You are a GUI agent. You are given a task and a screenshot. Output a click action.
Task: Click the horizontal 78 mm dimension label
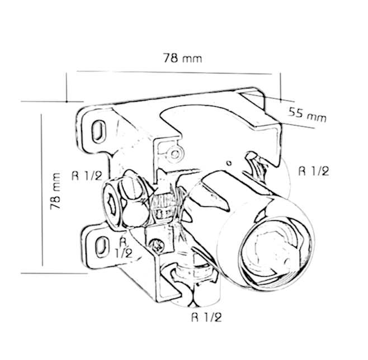click(x=182, y=58)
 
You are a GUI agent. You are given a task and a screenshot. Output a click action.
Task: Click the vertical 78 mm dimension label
click(x=55, y=191)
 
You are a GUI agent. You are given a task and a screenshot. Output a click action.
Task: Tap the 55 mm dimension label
click(x=307, y=115)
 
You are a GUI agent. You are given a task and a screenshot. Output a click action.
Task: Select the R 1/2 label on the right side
click(x=314, y=171)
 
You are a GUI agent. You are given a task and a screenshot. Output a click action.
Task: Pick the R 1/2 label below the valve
click(x=206, y=318)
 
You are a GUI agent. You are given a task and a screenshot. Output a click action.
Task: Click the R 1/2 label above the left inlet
click(x=87, y=176)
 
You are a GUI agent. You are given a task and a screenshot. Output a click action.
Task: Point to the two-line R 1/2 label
click(x=124, y=248)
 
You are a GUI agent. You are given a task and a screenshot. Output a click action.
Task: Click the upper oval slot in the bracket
click(x=98, y=131)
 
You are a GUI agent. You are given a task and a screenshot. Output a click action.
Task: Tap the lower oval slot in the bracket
click(x=102, y=247)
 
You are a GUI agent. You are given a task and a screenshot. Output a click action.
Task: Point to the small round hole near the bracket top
click(x=175, y=154)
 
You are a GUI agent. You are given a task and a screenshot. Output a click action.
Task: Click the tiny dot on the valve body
click(x=229, y=163)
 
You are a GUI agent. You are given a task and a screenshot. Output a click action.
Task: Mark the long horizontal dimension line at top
click(x=174, y=73)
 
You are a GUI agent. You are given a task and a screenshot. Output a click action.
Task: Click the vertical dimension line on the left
click(x=42, y=190)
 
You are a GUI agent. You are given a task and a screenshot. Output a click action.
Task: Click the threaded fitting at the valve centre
click(x=164, y=206)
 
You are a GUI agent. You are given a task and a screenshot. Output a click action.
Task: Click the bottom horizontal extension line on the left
click(x=54, y=273)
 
